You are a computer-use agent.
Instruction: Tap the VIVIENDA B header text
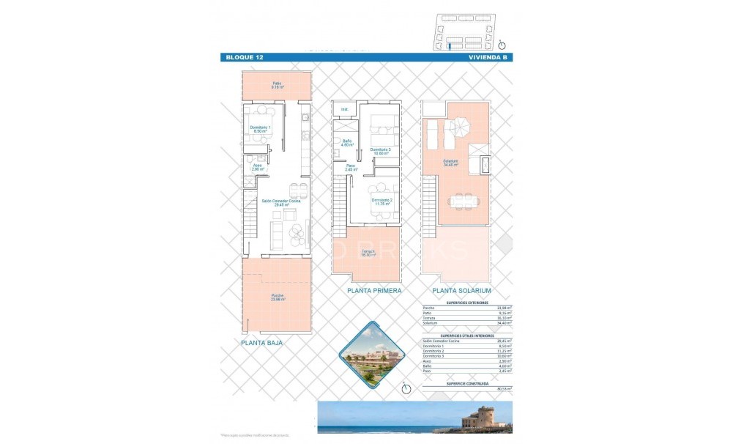(x=487, y=56)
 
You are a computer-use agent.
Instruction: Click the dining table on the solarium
(x=461, y=200)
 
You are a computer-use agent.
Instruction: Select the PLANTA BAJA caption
(x=261, y=342)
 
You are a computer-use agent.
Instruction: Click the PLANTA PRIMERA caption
(x=375, y=291)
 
